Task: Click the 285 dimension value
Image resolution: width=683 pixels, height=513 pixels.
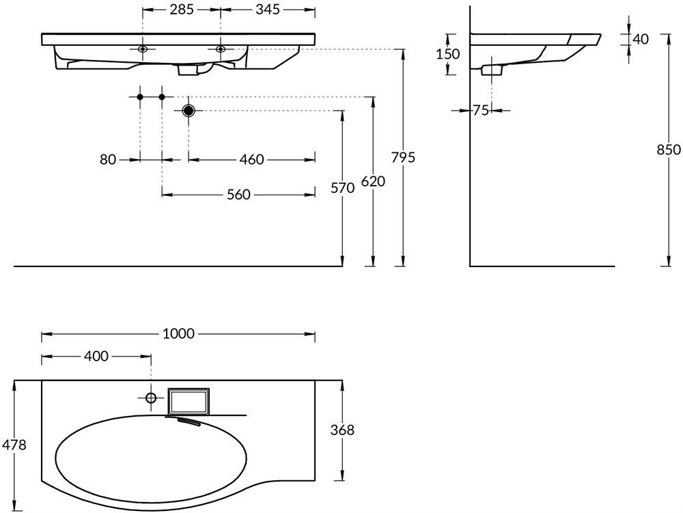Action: point(182,10)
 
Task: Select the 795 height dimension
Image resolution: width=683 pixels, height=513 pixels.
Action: point(403,157)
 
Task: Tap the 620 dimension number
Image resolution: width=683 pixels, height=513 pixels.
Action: point(373,182)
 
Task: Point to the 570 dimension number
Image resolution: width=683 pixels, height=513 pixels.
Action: point(342,188)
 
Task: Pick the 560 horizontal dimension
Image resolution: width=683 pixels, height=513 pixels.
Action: point(238,195)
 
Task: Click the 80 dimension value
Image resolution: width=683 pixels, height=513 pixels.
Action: point(108,160)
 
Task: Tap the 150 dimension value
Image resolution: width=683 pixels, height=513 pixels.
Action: point(449,54)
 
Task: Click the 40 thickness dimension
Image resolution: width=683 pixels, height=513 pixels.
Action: point(640,40)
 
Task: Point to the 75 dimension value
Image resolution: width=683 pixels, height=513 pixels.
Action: point(481,110)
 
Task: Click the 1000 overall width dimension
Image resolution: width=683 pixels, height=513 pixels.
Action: point(178,334)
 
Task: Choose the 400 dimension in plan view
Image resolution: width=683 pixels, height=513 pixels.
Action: point(96,356)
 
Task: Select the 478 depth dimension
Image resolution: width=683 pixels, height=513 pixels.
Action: point(14,445)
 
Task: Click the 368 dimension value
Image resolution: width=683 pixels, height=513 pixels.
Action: point(342,430)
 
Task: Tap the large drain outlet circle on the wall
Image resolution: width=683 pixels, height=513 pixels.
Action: point(189,111)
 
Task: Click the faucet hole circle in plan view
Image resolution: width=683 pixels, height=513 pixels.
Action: point(151,398)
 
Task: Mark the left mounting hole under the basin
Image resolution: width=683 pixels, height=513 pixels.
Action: point(143,49)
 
